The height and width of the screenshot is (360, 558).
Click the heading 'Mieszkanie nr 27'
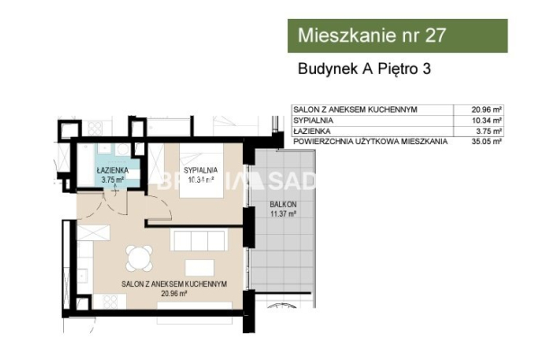tap(371, 36)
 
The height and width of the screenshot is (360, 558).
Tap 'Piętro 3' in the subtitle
tap(403, 68)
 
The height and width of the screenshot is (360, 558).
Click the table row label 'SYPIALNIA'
tap(311, 120)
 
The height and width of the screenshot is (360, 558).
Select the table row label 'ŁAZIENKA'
tap(310, 130)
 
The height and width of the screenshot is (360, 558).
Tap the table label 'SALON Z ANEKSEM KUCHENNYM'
tap(354, 109)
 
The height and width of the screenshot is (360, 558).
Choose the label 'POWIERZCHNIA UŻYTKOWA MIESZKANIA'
tap(371, 141)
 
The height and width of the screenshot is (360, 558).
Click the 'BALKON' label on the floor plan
tap(283, 204)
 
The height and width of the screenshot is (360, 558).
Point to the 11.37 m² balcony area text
tap(283, 214)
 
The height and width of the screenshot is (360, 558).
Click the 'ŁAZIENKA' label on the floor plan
tap(112, 169)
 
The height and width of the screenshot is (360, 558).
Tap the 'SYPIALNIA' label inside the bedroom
tap(199, 169)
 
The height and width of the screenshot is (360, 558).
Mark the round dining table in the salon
tap(138, 259)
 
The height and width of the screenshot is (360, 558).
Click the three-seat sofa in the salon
tap(198, 240)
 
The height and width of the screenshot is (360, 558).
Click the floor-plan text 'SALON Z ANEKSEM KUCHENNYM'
tap(173, 283)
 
